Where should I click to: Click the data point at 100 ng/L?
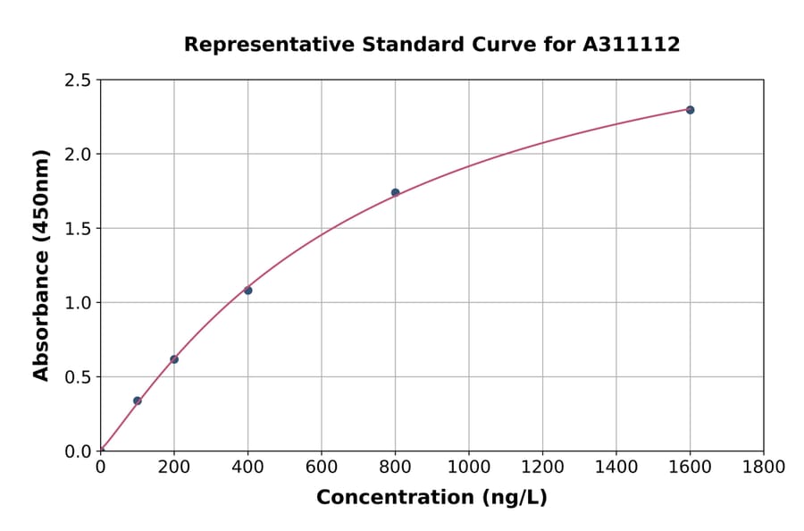pyautogui.click(x=138, y=400)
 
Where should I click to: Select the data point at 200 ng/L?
pyautogui.click(x=174, y=359)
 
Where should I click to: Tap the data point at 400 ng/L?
pyautogui.click(x=247, y=291)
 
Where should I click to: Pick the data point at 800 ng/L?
pyautogui.click(x=395, y=192)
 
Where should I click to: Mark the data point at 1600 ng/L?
pyautogui.click(x=690, y=110)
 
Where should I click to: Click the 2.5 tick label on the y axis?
pyautogui.click(x=78, y=80)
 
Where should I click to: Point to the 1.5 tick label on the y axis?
pyautogui.click(x=78, y=229)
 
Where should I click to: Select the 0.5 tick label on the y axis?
pyautogui.click(x=78, y=377)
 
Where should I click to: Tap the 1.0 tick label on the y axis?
pyautogui.click(x=78, y=303)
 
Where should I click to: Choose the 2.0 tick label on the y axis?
pyautogui.click(x=78, y=155)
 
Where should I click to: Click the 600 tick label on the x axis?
pyautogui.click(x=322, y=467)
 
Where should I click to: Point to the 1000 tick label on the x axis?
pyautogui.click(x=469, y=467)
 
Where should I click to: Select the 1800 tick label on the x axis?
pyautogui.click(x=764, y=467)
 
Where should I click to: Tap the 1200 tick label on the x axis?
pyautogui.click(x=542, y=467)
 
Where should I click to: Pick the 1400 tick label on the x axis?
pyautogui.click(x=616, y=467)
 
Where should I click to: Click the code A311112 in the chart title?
pyautogui.click(x=632, y=45)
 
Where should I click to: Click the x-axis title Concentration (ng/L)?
pyautogui.click(x=431, y=498)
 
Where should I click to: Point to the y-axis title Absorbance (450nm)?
pyautogui.click(x=41, y=265)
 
